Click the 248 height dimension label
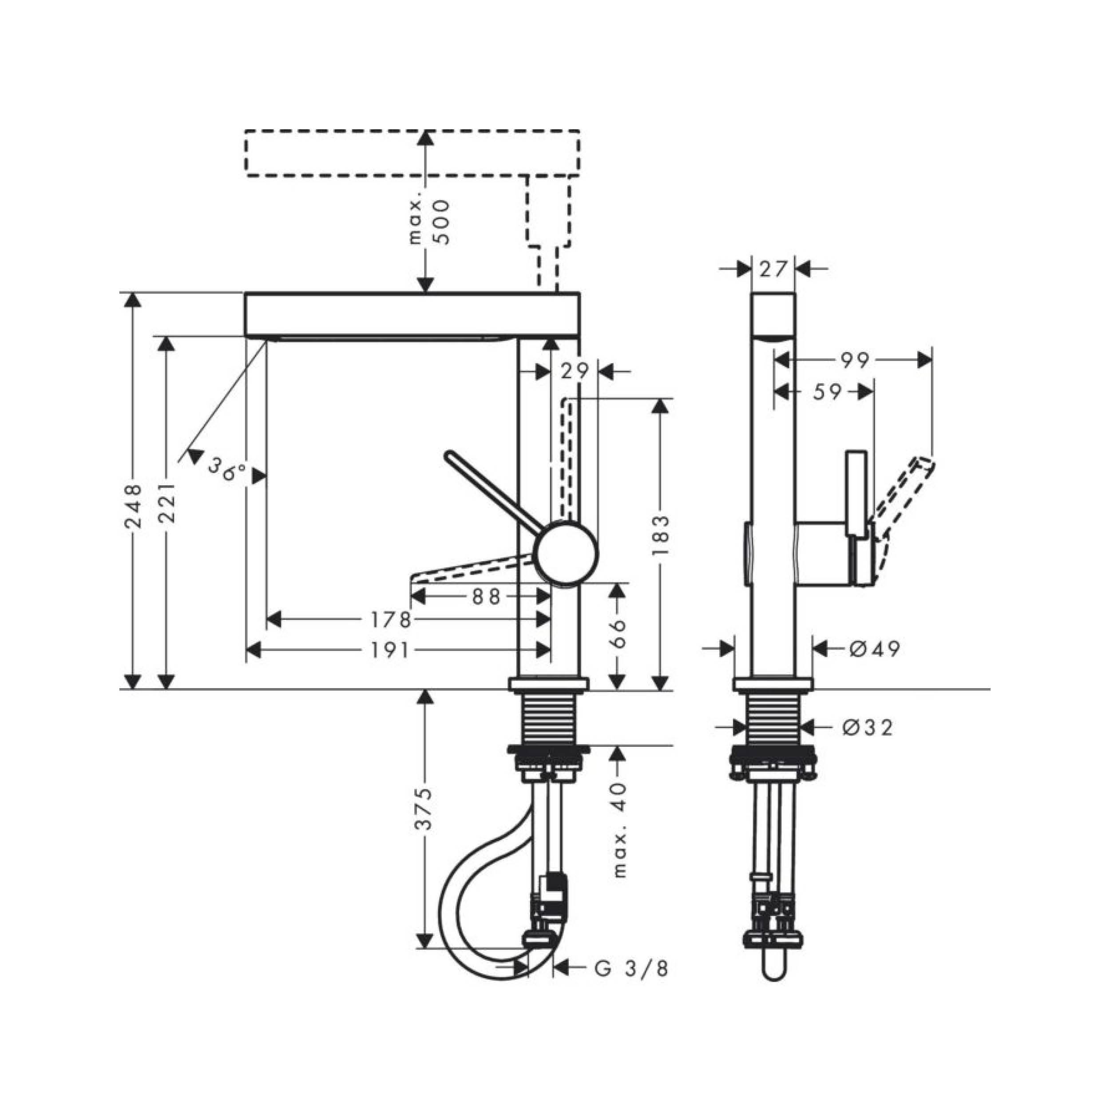[133, 506]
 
